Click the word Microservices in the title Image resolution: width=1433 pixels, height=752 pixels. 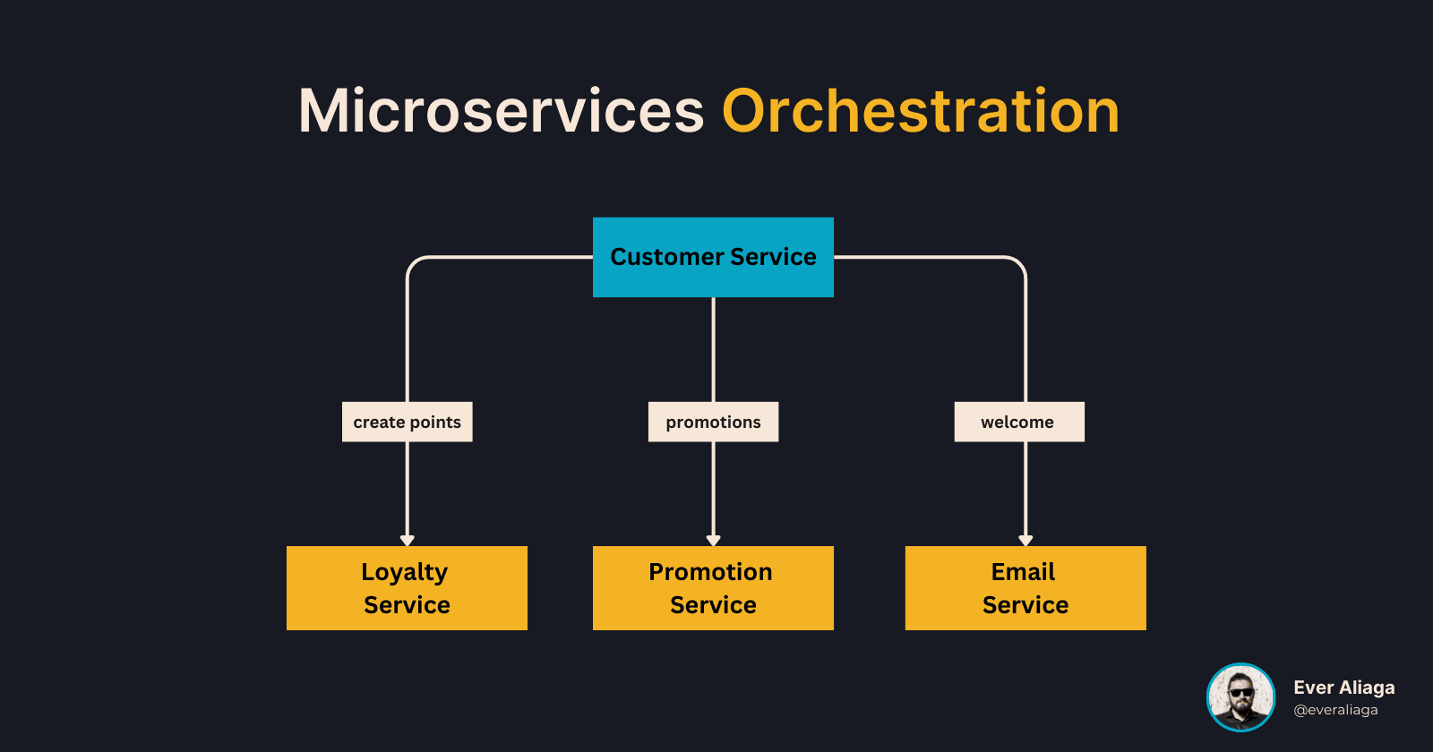pyautogui.click(x=501, y=112)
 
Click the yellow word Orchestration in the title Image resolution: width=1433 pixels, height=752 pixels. pyautogui.click(x=921, y=112)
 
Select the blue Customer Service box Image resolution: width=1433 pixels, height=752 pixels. pyautogui.click(x=713, y=257)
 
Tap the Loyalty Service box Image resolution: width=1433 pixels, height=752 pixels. pyautogui.click(x=407, y=588)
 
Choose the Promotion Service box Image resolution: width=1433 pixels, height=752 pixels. pyautogui.click(x=713, y=588)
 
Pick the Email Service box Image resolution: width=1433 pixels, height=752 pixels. pyautogui.click(x=1025, y=588)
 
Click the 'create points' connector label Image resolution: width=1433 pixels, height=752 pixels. pyautogui.click(x=407, y=422)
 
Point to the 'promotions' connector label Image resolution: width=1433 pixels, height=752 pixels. pyautogui.click(x=713, y=422)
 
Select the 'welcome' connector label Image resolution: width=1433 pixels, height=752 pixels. pyautogui.click(x=1019, y=422)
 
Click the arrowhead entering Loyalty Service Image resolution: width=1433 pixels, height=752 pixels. pyautogui.click(x=408, y=540)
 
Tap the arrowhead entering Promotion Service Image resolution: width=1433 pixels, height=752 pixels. pyautogui.click(x=714, y=540)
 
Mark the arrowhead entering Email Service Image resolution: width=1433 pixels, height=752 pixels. pyautogui.click(x=1025, y=540)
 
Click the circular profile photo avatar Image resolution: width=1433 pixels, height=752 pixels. pyautogui.click(x=1240, y=697)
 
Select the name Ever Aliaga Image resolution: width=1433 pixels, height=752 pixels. pyautogui.click(x=1343, y=688)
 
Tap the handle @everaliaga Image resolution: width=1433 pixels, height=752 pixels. pyautogui.click(x=1335, y=710)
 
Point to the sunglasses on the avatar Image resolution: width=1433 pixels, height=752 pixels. pyautogui.click(x=1240, y=692)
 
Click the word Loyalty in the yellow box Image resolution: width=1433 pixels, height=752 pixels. pyautogui.click(x=405, y=572)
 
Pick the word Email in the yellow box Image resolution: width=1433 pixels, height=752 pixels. pyautogui.click(x=1023, y=572)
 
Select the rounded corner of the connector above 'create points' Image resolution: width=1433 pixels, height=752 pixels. pyautogui.click(x=415, y=264)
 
